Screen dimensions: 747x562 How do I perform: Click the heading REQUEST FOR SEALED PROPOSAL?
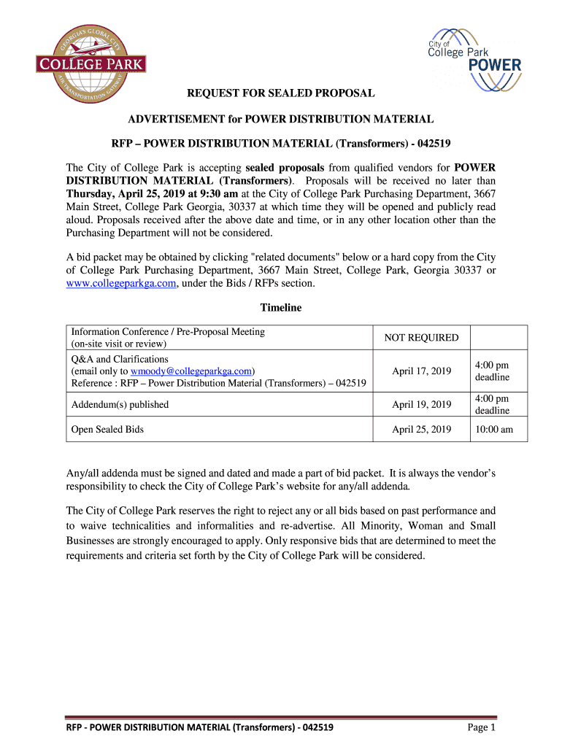[281, 93]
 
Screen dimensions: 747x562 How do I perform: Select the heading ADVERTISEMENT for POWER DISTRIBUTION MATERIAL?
[281, 118]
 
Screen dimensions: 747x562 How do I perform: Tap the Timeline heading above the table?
[281, 308]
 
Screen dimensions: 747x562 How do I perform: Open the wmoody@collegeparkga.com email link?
[191, 371]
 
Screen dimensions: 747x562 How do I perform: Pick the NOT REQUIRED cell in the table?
[421, 338]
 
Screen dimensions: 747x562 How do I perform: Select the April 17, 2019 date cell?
[421, 371]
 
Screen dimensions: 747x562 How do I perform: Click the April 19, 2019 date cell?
[421, 405]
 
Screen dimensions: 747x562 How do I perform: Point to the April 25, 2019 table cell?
[421, 430]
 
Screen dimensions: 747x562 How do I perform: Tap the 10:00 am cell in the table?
[493, 430]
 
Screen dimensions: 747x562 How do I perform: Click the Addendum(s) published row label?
[120, 405]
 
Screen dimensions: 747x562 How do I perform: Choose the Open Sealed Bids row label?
[107, 430]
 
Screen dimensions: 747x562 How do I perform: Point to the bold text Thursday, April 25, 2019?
[124, 193]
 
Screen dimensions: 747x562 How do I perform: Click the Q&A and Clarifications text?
[120, 360]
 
